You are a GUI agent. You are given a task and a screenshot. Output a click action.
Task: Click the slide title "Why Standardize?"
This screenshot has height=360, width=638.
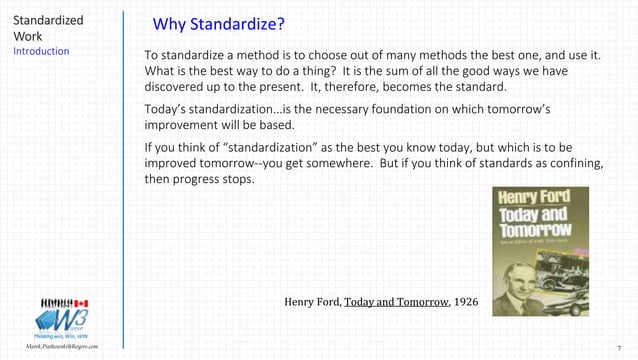click(x=218, y=24)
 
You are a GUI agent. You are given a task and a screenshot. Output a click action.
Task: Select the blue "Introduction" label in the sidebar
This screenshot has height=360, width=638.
click(x=41, y=50)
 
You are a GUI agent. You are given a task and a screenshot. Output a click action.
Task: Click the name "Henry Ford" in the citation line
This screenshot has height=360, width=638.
click(x=312, y=301)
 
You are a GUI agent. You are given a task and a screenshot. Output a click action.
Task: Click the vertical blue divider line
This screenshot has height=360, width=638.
click(x=123, y=180)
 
